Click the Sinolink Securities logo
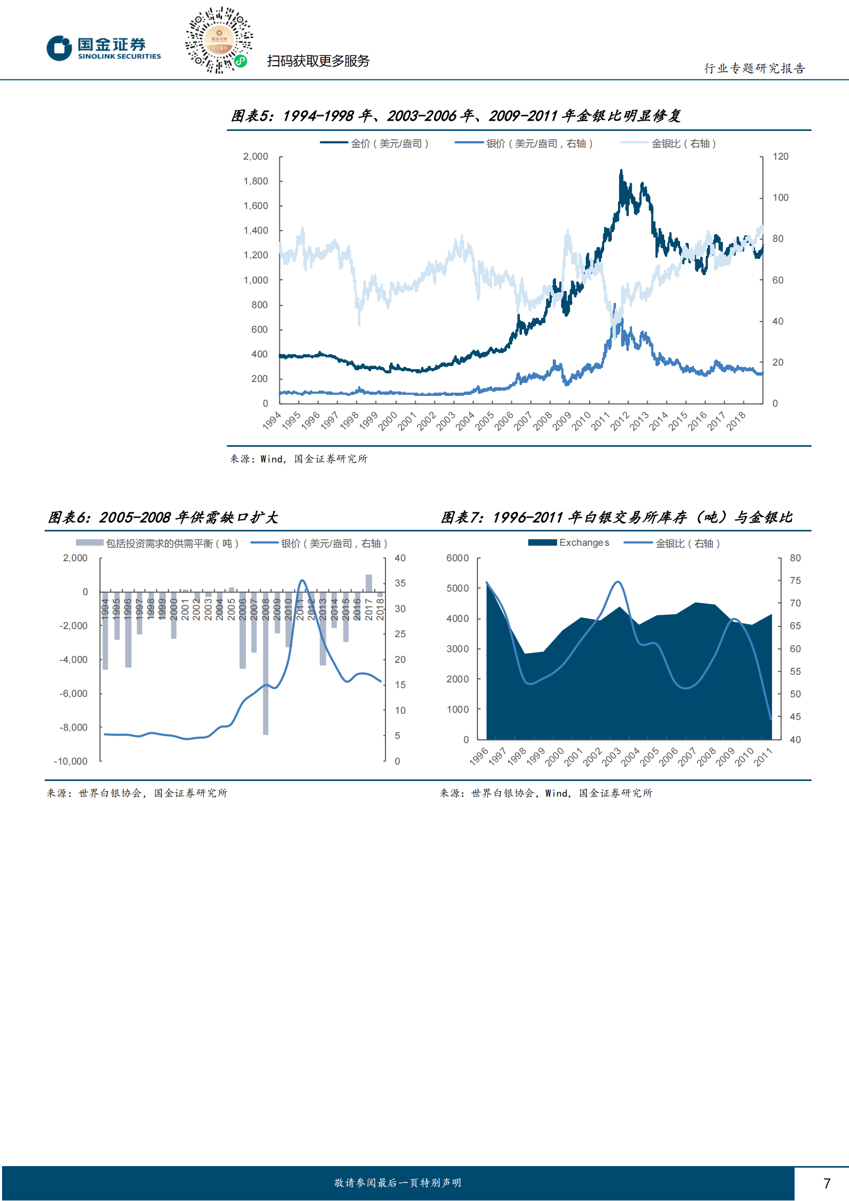104,48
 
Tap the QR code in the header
219,40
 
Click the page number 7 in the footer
826,1183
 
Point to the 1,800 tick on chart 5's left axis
256,181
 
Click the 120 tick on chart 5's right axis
780,157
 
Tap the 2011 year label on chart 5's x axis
601,421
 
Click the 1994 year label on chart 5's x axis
272,421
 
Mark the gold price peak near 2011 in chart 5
621,170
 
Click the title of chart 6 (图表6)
163,518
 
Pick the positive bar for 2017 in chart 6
369,583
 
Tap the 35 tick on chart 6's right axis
400,583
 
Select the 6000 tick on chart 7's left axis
457,558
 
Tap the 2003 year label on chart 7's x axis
611,757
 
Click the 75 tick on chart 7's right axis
795,581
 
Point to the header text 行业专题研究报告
755,68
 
